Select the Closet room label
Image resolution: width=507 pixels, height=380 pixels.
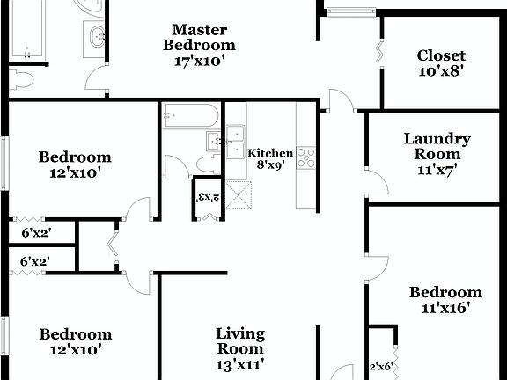tap(441, 56)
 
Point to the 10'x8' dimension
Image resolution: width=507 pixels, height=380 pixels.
tap(441, 72)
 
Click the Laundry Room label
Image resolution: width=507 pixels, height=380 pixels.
tap(437, 146)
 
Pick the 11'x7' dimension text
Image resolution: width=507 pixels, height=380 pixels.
tap(437, 170)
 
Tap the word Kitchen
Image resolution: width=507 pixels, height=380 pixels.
tap(270, 153)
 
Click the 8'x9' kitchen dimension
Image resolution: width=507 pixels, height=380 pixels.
tap(270, 164)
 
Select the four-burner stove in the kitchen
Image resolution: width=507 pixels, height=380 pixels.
tap(306, 157)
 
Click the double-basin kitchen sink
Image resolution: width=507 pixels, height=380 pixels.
tap(235, 142)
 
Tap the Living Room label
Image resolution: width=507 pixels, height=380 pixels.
tap(240, 340)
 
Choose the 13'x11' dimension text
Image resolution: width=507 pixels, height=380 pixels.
tap(240, 363)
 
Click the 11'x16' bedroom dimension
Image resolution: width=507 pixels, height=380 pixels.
tap(446, 309)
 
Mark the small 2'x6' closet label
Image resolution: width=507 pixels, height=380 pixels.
tap(380, 367)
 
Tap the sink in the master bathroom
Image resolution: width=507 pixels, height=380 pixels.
tap(96, 36)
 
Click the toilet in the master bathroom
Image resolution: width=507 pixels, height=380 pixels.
tap(22, 81)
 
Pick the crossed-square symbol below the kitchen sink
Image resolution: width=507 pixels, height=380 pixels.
tap(239, 193)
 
